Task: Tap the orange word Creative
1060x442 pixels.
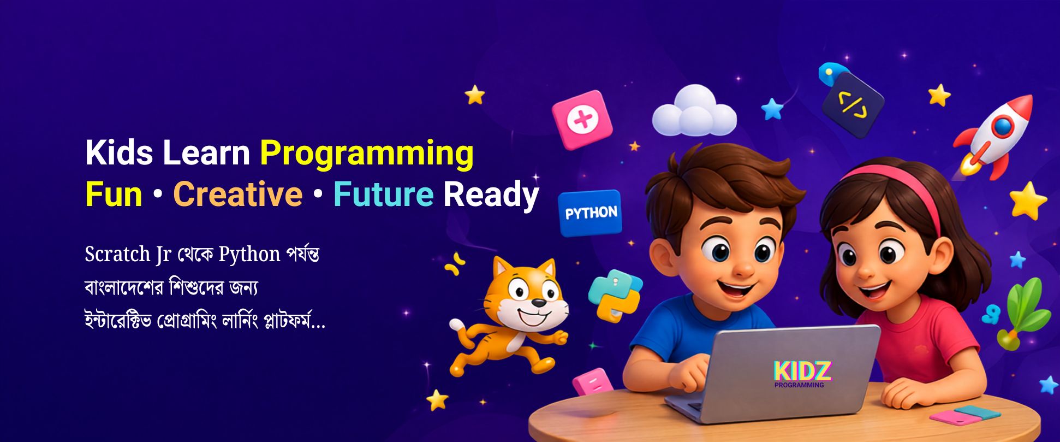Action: pyautogui.click(x=237, y=195)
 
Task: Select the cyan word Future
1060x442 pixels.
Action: pyautogui.click(x=383, y=195)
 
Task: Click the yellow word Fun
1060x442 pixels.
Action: pyautogui.click(x=114, y=195)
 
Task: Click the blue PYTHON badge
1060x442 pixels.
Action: pyautogui.click(x=591, y=213)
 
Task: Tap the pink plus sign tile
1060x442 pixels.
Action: pyautogui.click(x=583, y=119)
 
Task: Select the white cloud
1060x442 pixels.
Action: pyautogui.click(x=694, y=112)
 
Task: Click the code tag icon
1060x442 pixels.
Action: pyautogui.click(x=853, y=103)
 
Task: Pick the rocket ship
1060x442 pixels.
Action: pyautogui.click(x=995, y=138)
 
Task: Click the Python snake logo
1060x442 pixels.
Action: pyautogui.click(x=615, y=295)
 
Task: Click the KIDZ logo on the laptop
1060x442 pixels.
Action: pyautogui.click(x=802, y=373)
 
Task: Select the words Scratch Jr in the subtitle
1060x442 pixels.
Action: pyautogui.click(x=128, y=255)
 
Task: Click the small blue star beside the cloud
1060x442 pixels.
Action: pyautogui.click(x=772, y=109)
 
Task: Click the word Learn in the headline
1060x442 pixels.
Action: pyautogui.click(x=206, y=153)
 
